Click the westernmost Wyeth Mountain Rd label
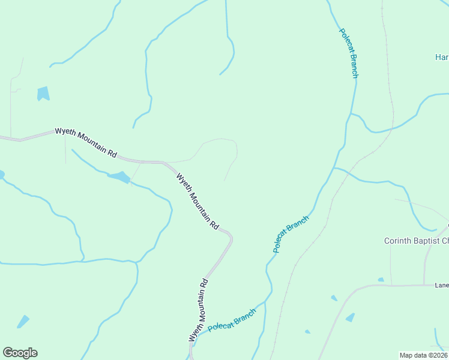click(86, 142)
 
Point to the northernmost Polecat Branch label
click(348, 53)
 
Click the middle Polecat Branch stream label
click(291, 234)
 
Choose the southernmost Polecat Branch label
click(232, 320)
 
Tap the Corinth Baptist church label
click(416, 241)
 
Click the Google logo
click(20, 353)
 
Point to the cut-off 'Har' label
click(442, 57)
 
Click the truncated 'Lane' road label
click(442, 286)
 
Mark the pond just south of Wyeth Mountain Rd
click(119, 177)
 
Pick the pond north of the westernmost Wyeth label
click(43, 94)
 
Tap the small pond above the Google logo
click(23, 322)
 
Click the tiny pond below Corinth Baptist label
click(381, 280)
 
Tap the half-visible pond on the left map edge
click(1, 175)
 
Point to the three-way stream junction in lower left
click(137, 262)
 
